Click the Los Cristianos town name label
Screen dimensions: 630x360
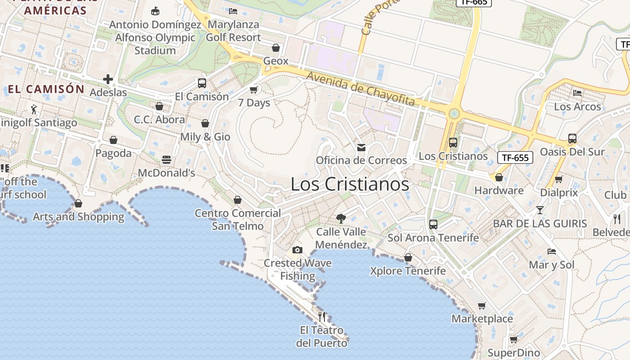350,184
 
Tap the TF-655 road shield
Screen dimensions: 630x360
515,157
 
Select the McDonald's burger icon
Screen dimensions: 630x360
166,160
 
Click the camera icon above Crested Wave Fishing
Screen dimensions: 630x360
297,250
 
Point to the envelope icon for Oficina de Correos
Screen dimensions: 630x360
361,147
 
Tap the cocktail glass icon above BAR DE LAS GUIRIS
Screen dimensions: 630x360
540,210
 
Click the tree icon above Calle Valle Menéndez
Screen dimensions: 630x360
341,219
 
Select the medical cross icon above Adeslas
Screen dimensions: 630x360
108,80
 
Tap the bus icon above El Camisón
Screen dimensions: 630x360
202,83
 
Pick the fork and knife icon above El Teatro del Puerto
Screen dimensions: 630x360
322,317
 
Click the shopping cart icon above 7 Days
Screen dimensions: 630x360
254,90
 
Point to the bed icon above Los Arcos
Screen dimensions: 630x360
577,93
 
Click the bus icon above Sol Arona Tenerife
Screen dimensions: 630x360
433,224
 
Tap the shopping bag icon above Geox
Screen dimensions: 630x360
276,48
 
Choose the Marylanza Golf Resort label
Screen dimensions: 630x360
233,31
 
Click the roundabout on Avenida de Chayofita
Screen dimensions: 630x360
454,113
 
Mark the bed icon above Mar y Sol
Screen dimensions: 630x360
552,251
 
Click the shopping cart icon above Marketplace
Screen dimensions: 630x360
482,306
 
